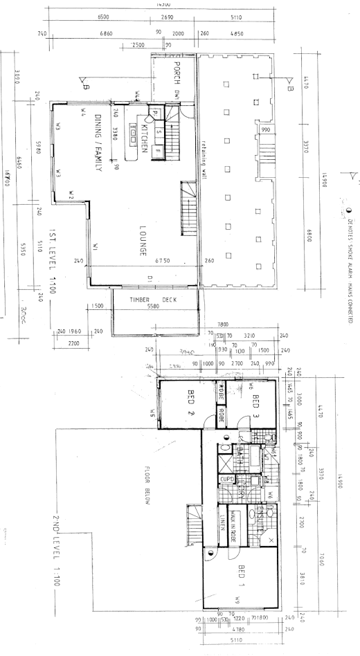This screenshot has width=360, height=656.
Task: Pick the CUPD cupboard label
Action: tap(226, 479)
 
